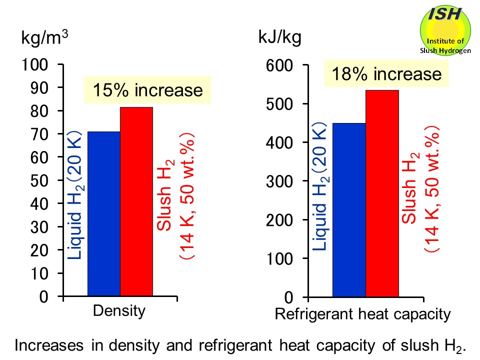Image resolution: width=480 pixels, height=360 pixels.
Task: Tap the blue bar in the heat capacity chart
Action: pos(349,210)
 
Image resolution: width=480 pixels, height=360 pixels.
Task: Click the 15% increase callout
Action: pos(147,90)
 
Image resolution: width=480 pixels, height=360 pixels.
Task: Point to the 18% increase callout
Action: pos(387,74)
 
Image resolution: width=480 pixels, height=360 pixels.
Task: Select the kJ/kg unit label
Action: pos(279,37)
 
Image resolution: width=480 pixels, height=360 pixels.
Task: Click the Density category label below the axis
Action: pos(119,311)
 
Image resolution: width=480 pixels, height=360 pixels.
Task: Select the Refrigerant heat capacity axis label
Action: pos(363,314)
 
